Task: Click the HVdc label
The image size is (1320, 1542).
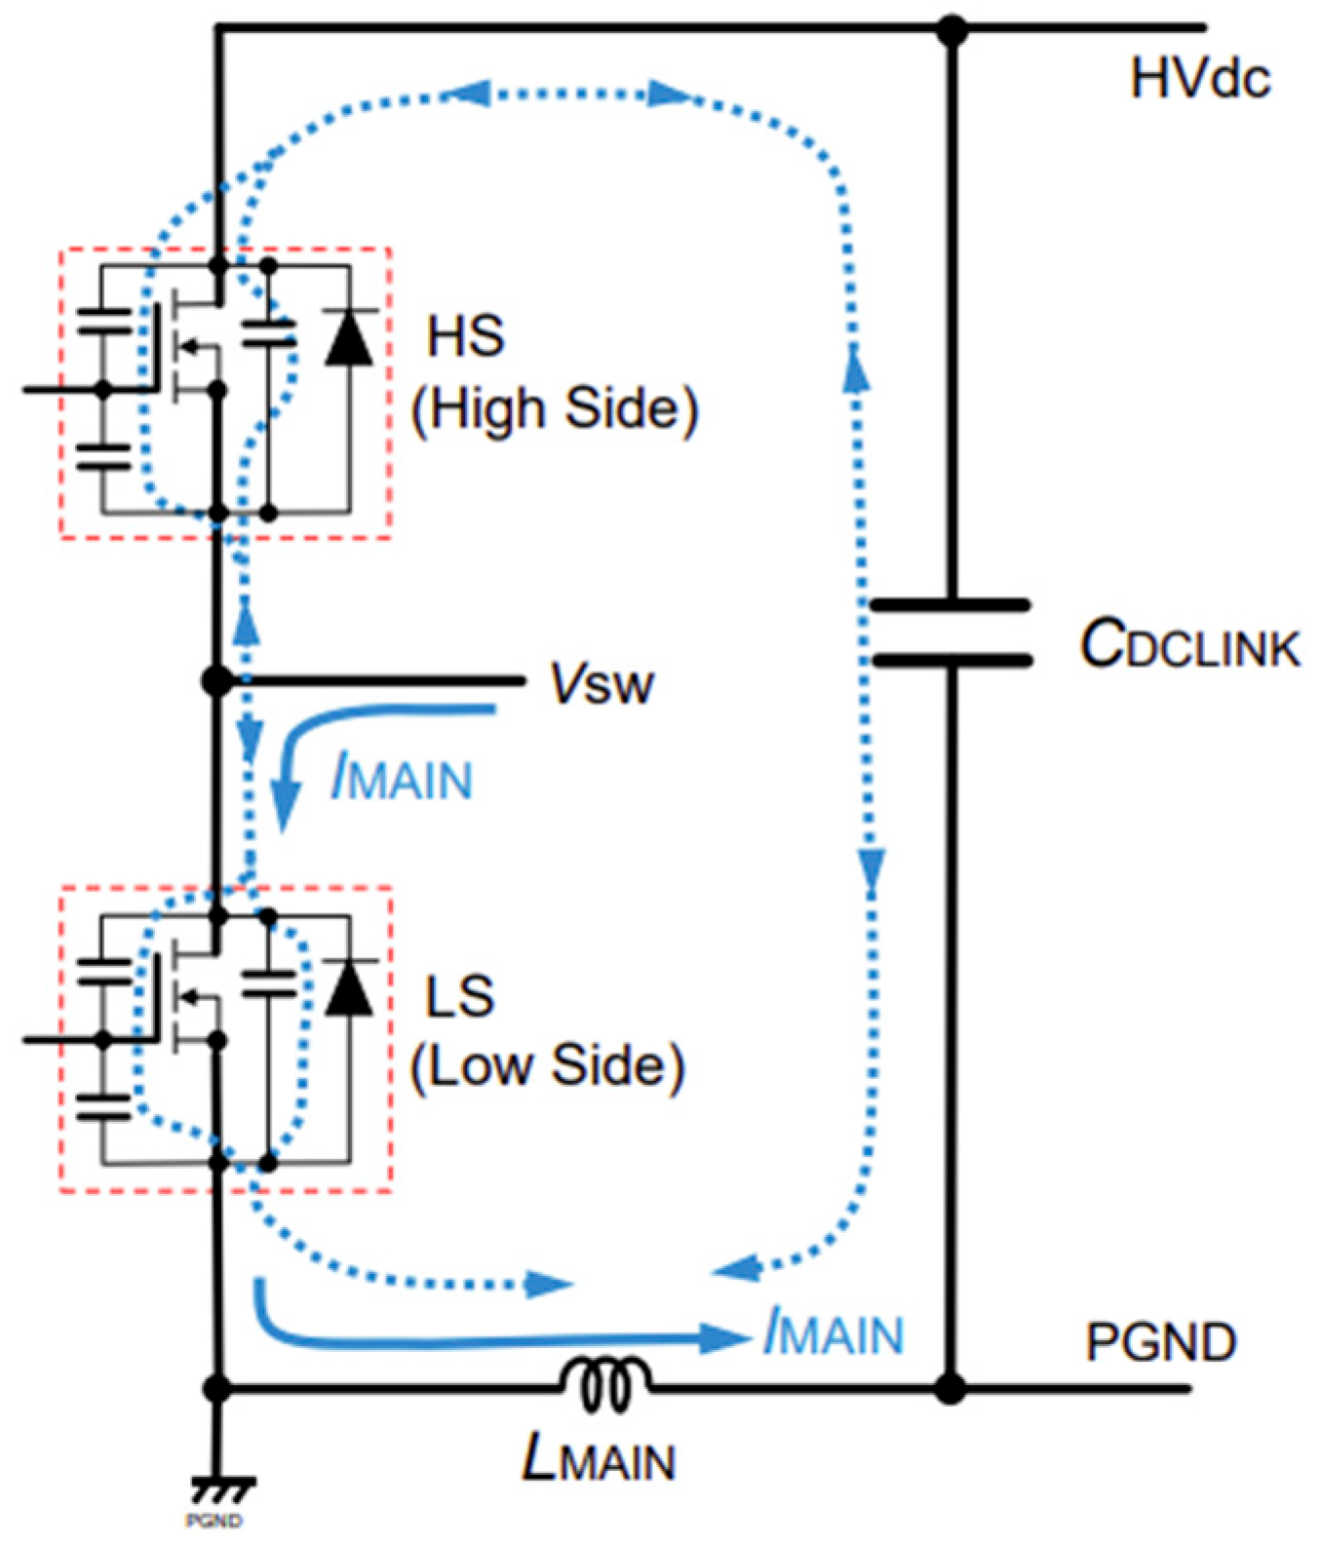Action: pos(1199,78)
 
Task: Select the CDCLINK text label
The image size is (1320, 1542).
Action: pos(1189,645)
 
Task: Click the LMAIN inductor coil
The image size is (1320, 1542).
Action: pos(604,1384)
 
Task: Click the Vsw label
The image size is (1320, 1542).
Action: pos(602,684)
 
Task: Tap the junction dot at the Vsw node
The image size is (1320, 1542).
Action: pos(217,680)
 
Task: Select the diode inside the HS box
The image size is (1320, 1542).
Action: pos(349,338)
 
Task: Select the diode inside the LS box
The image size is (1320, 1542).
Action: pos(349,988)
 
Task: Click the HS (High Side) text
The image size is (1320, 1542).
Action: pos(554,372)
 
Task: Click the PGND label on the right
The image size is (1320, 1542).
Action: pos(1160,1343)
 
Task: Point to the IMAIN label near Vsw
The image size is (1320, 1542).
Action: pos(402,779)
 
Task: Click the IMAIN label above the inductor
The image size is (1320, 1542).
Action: pos(835,1332)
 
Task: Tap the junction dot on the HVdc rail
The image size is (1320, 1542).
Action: pos(951,29)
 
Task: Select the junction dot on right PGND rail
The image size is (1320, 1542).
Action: pos(951,1387)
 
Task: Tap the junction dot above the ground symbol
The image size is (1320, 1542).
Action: pos(217,1388)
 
